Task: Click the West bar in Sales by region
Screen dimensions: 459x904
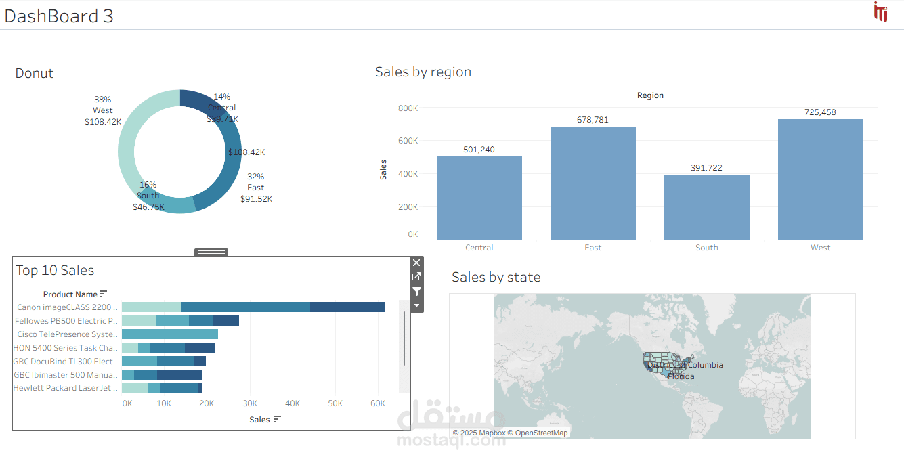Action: click(820, 179)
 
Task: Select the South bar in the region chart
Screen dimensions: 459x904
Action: click(706, 206)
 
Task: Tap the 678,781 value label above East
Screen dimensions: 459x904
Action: click(593, 120)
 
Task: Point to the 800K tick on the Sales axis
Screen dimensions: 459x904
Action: click(408, 108)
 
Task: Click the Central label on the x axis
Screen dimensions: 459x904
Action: click(479, 248)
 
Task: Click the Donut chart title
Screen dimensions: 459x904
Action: click(35, 74)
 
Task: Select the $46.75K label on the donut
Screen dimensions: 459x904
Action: click(148, 207)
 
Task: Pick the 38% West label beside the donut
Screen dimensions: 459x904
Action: click(103, 110)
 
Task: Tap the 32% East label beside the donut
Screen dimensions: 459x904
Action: click(256, 188)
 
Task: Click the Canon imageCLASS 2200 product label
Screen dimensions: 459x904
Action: click(67, 307)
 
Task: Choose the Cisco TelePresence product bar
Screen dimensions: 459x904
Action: click(170, 334)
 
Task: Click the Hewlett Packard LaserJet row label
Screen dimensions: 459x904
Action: click(66, 388)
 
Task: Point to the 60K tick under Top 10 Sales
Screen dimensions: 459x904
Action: click(377, 403)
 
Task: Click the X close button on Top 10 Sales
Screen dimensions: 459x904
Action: click(416, 263)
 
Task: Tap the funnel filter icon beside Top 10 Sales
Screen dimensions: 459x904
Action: click(416, 291)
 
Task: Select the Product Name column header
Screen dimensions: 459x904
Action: click(70, 294)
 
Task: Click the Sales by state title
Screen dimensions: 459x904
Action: click(496, 277)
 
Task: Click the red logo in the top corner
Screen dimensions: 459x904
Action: click(880, 12)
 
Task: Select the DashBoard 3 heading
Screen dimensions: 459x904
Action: click(59, 16)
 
